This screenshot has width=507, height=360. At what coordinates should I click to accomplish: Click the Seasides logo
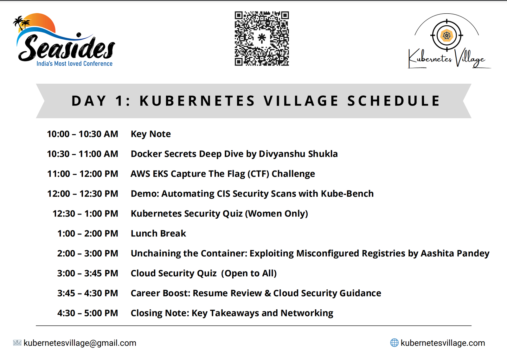pyautogui.click(x=64, y=40)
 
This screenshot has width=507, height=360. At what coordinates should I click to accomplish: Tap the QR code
pyautogui.click(x=262, y=38)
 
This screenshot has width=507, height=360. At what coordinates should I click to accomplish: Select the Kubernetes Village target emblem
pyautogui.click(x=446, y=35)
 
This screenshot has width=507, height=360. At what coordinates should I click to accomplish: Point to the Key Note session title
pyautogui.click(x=151, y=134)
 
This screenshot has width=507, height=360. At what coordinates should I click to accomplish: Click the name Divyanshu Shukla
pyautogui.click(x=298, y=154)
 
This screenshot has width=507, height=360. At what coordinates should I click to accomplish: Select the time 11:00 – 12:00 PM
pyautogui.click(x=83, y=174)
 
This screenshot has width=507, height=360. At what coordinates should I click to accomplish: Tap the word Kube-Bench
pyautogui.click(x=347, y=194)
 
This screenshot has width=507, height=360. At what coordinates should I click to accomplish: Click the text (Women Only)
pyautogui.click(x=276, y=214)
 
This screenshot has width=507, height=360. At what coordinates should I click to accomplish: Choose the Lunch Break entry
pyautogui.click(x=158, y=234)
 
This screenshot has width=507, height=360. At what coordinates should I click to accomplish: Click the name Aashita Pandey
pyautogui.click(x=455, y=254)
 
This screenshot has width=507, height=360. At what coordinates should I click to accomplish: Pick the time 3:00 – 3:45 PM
pyautogui.click(x=87, y=273)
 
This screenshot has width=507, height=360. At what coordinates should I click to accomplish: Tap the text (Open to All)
pyautogui.click(x=249, y=273)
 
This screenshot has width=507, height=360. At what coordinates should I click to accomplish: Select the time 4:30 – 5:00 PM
pyautogui.click(x=87, y=313)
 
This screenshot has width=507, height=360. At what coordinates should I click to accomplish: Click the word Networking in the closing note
pyautogui.click(x=307, y=313)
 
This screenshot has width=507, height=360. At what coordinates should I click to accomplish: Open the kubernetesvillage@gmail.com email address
pyautogui.click(x=80, y=343)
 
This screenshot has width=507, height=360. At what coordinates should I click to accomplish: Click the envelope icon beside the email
pyautogui.click(x=17, y=343)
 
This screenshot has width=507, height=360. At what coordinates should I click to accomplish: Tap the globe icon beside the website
pyautogui.click(x=394, y=343)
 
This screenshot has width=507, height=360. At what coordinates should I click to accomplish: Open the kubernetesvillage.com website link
pyautogui.click(x=443, y=343)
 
